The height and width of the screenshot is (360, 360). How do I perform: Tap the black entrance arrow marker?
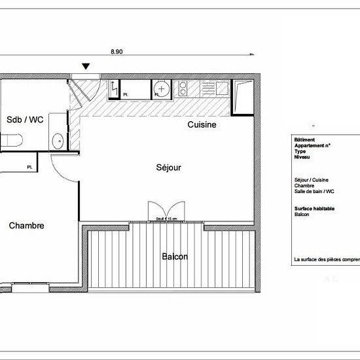click(86, 66)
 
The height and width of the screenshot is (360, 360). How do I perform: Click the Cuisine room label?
click(202, 124)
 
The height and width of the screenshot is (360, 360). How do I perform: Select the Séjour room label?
click(168, 168)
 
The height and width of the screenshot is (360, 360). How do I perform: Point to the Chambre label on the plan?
click(27, 226)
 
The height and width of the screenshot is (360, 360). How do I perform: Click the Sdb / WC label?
click(25, 120)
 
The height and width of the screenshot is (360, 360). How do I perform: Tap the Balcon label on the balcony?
click(175, 257)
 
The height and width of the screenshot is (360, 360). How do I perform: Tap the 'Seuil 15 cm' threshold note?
click(167, 219)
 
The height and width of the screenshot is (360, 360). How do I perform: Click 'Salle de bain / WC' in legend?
click(314, 192)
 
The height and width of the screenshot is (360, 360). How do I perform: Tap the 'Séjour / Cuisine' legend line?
click(312, 180)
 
